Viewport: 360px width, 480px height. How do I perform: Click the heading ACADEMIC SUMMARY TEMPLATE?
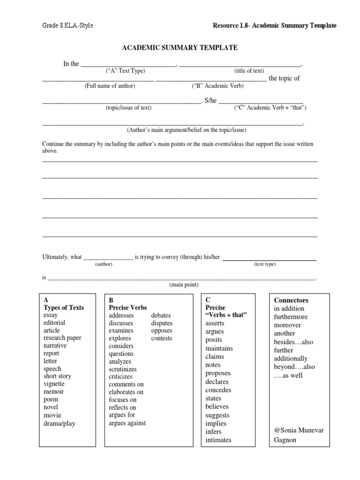pyautogui.click(x=180, y=48)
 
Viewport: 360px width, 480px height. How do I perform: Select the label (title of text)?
pyautogui.click(x=249, y=71)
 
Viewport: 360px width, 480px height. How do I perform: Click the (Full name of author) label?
pyautogui.click(x=110, y=86)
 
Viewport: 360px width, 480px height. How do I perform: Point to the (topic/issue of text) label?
pyautogui.click(x=128, y=107)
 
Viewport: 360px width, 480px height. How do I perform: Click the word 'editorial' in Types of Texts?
pyautogui.click(x=54, y=322)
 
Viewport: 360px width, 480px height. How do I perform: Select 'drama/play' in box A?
pyautogui.click(x=59, y=423)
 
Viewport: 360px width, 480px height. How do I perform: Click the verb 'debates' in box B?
pyautogui.click(x=161, y=315)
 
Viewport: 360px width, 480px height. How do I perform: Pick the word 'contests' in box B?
pyautogui.click(x=162, y=338)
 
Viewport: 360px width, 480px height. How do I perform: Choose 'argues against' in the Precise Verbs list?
pyautogui.click(x=127, y=423)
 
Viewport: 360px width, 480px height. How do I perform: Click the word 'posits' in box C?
pyautogui.click(x=214, y=340)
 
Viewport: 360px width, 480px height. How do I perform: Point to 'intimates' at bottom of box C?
pyautogui.click(x=218, y=440)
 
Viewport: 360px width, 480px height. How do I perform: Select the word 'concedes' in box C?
pyautogui.click(x=218, y=390)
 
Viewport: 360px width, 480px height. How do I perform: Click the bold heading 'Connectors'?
pyautogui.click(x=291, y=300)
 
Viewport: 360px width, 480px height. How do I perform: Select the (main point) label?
pyautogui.click(x=184, y=285)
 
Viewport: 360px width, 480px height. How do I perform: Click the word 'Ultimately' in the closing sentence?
pyautogui.click(x=55, y=257)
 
